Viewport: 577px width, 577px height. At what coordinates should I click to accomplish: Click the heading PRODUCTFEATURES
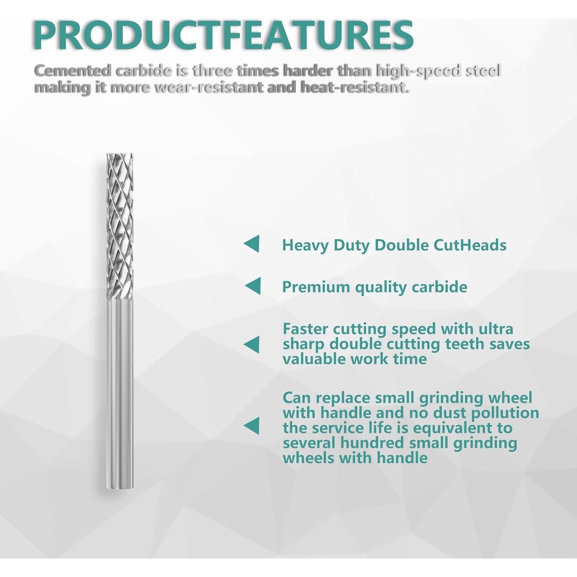pos(223,35)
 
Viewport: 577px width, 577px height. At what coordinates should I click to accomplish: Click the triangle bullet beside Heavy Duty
pos(252,244)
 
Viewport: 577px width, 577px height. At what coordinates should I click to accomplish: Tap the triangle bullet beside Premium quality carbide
pos(253,286)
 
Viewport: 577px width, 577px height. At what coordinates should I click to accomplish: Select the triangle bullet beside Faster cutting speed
pos(252,344)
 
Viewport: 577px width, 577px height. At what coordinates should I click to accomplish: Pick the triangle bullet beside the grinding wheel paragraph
pos(252,426)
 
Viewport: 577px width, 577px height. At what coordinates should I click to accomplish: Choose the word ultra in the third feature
pos(496,329)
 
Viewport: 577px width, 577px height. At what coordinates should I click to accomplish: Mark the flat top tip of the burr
pos(120,155)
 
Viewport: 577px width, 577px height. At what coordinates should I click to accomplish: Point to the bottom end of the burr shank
pos(120,487)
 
